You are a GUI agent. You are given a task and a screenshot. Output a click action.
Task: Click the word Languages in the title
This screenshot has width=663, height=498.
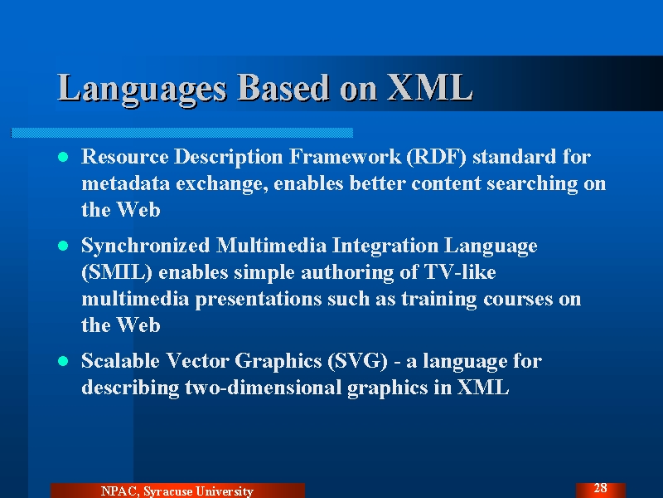[x=142, y=88]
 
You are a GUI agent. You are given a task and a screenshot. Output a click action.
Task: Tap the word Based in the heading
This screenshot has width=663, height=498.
[x=283, y=87]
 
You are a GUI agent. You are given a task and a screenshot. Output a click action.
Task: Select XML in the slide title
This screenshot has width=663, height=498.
[x=429, y=87]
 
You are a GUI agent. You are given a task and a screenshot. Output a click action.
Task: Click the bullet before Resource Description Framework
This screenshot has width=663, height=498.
[x=63, y=157]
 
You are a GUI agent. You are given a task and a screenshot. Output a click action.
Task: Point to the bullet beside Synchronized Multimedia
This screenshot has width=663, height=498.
[x=63, y=246]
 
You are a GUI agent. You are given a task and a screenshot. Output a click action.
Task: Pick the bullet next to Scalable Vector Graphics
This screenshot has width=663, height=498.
[x=63, y=361]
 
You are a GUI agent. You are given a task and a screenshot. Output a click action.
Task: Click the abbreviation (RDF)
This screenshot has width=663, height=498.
[x=436, y=157]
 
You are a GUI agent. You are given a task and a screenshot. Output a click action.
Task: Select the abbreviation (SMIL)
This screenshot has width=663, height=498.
[x=117, y=272]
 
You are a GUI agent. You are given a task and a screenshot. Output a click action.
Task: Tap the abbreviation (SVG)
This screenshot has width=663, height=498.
[x=357, y=361]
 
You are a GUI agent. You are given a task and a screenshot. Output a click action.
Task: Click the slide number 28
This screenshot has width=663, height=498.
[x=600, y=488]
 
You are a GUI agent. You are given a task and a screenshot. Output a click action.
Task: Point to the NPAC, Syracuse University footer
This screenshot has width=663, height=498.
[x=177, y=491]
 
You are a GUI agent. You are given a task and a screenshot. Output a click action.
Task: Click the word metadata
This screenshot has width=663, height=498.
[x=125, y=183]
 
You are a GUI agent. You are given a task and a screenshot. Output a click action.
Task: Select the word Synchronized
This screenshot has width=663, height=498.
[x=146, y=247]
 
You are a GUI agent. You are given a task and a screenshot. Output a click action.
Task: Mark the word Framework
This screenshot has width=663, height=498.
[x=345, y=157]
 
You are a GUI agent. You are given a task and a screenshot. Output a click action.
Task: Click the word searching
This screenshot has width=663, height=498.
[x=532, y=184]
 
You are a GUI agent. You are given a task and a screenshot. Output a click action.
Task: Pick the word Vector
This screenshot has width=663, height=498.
[x=198, y=361]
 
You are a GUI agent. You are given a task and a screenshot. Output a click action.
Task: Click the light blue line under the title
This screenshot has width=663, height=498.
[x=181, y=133]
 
